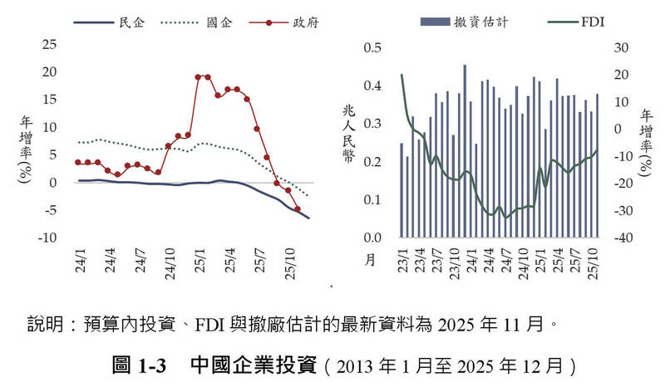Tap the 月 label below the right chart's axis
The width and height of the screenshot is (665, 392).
[372, 260]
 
